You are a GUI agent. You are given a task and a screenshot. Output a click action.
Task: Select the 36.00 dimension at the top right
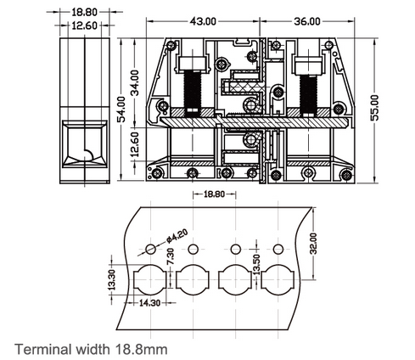point(307,20)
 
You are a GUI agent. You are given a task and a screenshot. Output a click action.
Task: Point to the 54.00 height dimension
point(121,109)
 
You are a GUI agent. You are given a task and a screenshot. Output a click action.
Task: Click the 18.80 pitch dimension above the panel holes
point(214,194)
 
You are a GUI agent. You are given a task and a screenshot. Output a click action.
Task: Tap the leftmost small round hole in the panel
point(150,249)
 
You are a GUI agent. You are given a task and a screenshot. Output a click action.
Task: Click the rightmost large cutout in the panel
point(277,278)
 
